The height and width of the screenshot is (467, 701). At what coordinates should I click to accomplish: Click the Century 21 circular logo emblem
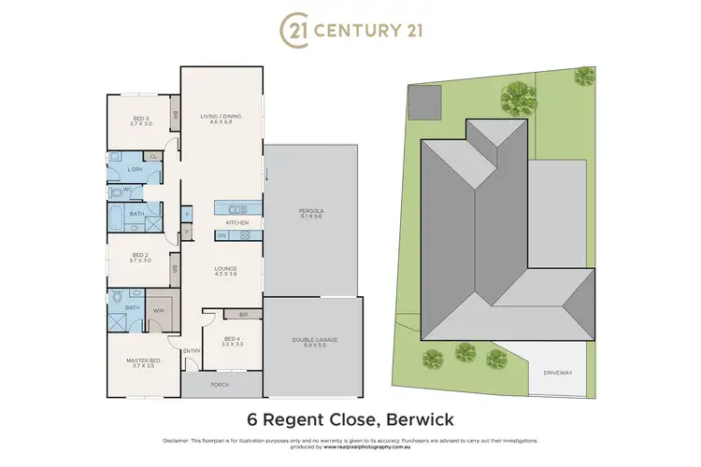point(293,30)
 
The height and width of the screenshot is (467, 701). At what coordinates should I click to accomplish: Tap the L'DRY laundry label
point(136,169)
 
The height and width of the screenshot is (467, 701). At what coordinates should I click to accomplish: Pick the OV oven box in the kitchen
point(222,235)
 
